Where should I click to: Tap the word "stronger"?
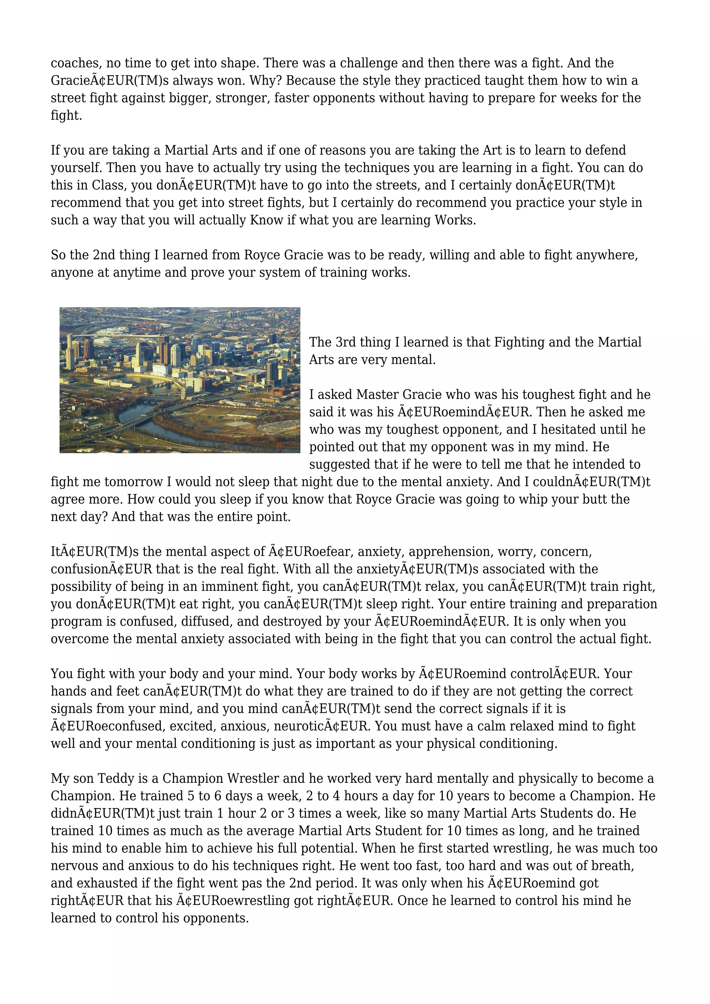(x=241, y=98)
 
